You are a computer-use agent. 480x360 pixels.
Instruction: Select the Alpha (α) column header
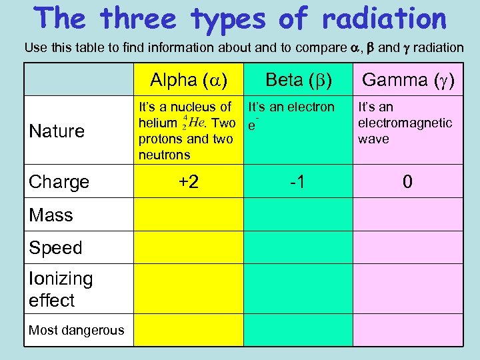click(189, 80)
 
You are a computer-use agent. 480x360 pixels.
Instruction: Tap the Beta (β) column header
click(298, 80)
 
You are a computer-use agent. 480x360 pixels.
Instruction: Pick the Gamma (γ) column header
click(407, 80)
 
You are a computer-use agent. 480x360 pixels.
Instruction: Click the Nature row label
click(57, 131)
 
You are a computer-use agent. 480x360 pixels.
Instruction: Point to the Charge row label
click(59, 181)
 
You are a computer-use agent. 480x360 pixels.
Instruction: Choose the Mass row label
click(51, 215)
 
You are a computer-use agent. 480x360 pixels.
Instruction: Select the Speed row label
click(55, 247)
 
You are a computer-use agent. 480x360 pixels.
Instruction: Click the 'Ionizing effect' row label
click(61, 289)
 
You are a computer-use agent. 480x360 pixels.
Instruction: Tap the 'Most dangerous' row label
click(76, 329)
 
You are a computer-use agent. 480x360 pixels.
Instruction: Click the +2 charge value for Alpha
click(189, 181)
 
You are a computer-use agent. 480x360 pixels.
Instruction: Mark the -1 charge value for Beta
click(297, 181)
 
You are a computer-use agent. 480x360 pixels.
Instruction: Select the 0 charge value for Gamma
click(407, 181)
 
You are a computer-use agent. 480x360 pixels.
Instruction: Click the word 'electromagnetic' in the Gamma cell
click(405, 123)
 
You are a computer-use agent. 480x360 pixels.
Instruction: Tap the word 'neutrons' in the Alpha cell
click(164, 155)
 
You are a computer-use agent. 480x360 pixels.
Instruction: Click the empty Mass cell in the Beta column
click(297, 215)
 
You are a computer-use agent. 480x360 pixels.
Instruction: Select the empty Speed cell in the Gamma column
click(407, 247)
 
